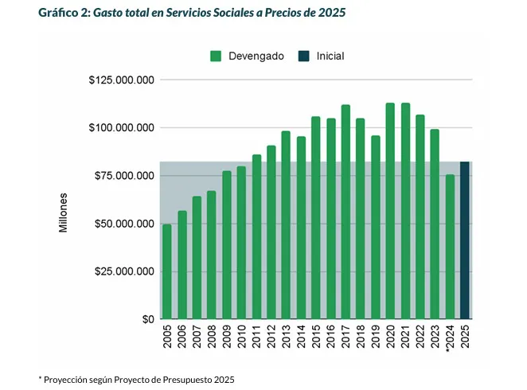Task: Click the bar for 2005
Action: [167, 271]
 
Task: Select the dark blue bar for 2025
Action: [465, 240]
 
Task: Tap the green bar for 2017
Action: [345, 212]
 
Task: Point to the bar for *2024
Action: [450, 247]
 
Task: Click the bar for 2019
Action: [376, 228]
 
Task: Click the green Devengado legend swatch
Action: [216, 57]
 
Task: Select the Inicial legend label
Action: [330, 57]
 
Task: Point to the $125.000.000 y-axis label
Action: [122, 80]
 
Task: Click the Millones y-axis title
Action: [64, 212]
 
